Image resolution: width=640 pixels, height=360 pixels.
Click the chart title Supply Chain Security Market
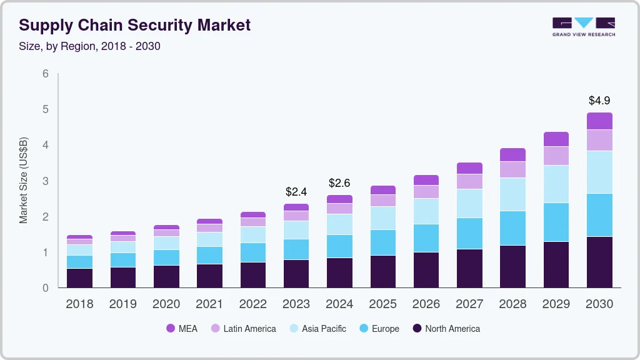(134, 25)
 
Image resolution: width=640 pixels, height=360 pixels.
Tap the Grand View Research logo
(583, 26)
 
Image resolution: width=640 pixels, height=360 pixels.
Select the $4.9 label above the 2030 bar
(599, 100)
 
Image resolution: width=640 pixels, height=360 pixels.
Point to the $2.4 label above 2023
(296, 191)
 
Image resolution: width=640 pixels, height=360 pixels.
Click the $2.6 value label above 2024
(339, 182)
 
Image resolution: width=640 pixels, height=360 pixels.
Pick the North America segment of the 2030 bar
(599, 262)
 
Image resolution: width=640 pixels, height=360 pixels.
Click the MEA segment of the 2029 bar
(556, 139)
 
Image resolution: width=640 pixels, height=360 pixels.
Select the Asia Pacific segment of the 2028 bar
(512, 194)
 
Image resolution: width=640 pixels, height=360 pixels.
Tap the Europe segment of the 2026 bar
(426, 237)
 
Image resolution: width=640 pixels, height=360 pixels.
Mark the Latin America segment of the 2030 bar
(599, 140)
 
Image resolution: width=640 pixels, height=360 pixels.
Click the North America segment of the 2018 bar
(79, 277)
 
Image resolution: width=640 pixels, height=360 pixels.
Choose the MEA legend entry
(181, 328)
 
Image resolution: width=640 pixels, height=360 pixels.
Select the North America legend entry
(446, 328)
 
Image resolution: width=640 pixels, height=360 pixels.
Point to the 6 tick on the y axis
(45, 74)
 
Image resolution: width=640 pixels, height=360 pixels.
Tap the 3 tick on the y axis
(45, 181)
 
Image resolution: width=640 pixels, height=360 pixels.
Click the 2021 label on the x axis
(209, 304)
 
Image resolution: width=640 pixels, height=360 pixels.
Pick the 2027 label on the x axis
(469, 304)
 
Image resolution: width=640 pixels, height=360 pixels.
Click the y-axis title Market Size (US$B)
(23, 181)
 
